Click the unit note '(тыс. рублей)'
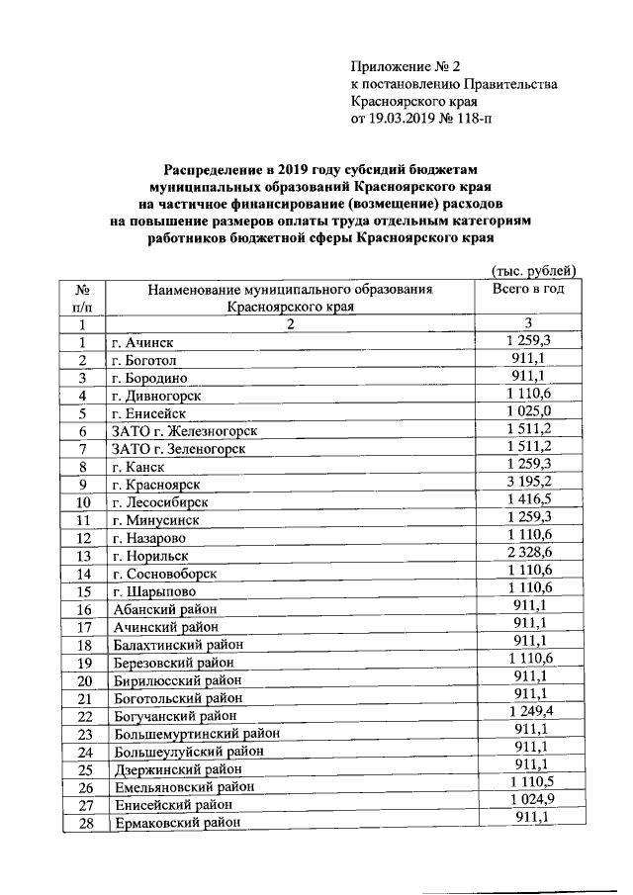[x=533, y=270]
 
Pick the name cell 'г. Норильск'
[x=154, y=557]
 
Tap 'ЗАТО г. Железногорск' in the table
[x=184, y=431]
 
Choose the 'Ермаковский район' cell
[x=176, y=824]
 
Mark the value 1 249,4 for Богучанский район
[x=527, y=715]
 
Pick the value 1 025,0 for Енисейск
[x=527, y=412]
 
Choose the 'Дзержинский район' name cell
[x=177, y=770]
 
